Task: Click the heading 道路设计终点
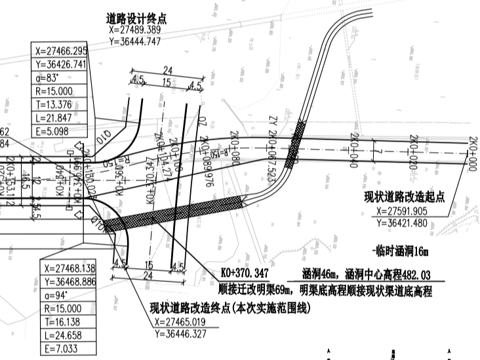pos(136,18)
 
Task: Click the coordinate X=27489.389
pos(136,30)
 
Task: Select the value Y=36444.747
pos(136,41)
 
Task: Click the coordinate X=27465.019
pos(186,322)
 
